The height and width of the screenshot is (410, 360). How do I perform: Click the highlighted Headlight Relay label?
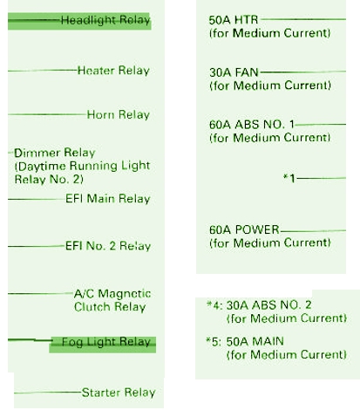(x=105, y=20)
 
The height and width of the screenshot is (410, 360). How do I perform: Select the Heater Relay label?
(x=113, y=71)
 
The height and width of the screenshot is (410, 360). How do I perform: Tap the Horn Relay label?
(x=119, y=114)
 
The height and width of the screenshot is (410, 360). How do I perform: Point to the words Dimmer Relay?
(x=55, y=153)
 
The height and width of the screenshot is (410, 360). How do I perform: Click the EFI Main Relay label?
(x=108, y=199)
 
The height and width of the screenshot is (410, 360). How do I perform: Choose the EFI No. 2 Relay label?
(x=108, y=246)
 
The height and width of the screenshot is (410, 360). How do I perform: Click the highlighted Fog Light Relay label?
(x=106, y=342)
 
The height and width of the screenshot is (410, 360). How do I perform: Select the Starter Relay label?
(x=119, y=393)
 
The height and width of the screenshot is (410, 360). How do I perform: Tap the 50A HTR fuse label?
(x=234, y=20)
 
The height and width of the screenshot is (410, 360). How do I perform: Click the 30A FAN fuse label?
(x=234, y=72)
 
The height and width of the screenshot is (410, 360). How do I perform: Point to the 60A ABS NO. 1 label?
(x=252, y=125)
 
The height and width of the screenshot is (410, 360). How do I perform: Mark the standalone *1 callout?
(x=289, y=178)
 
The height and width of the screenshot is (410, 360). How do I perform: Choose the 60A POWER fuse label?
(x=244, y=229)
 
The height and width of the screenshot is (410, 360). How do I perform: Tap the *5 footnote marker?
(x=214, y=342)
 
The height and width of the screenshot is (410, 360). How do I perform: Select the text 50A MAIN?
(x=255, y=341)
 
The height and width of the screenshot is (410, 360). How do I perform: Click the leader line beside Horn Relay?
(x=47, y=114)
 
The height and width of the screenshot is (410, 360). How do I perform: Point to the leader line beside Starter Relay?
(x=48, y=393)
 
